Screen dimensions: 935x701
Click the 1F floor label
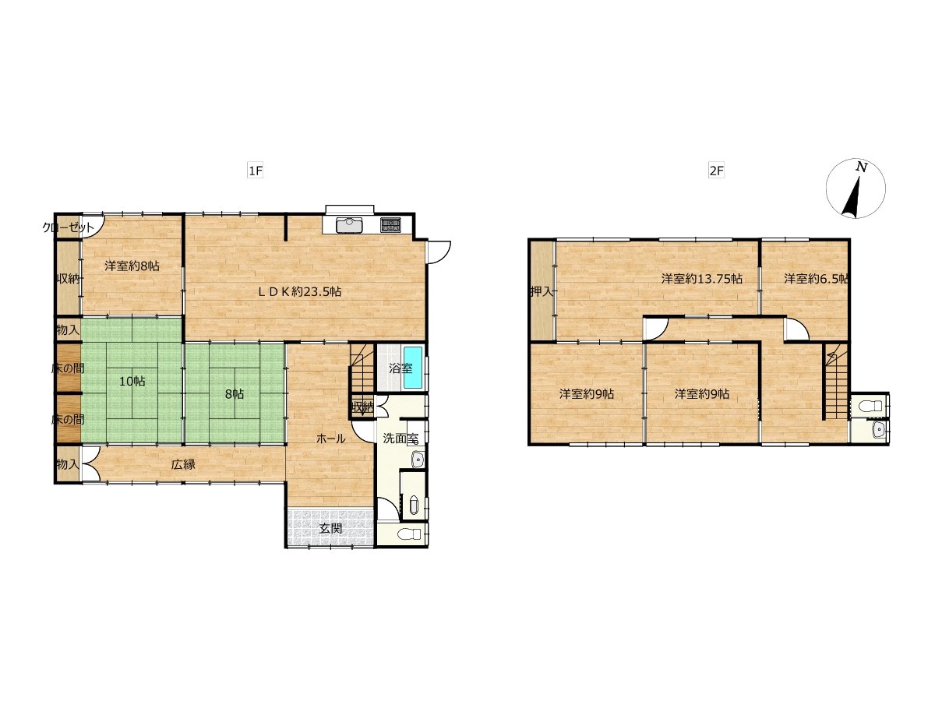(255, 171)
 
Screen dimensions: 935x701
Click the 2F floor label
(716, 171)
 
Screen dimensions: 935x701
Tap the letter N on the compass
(862, 167)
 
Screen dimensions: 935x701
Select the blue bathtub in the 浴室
(413, 368)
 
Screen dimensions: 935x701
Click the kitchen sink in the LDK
(349, 225)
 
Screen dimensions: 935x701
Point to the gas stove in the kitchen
(390, 225)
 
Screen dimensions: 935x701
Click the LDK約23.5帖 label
(300, 291)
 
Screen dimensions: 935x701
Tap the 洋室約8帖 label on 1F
(132, 266)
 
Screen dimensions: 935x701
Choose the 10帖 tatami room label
(132, 381)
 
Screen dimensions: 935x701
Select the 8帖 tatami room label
(235, 394)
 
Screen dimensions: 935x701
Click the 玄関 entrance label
(330, 529)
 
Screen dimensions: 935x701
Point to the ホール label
(330, 439)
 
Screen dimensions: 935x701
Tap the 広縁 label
(183, 464)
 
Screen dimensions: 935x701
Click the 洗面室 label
(400, 439)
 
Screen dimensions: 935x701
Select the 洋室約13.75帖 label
(702, 279)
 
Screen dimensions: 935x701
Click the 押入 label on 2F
(542, 292)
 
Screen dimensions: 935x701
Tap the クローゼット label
(68, 227)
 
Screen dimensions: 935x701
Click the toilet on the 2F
(870, 407)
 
